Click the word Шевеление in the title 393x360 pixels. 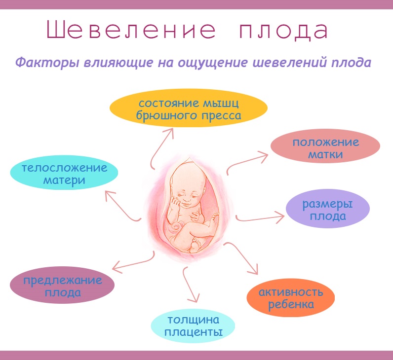[131, 30]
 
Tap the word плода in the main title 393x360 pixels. [283, 31]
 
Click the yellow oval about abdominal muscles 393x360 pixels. [189, 108]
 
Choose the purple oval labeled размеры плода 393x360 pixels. [328, 208]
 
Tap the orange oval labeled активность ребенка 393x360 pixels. [291, 298]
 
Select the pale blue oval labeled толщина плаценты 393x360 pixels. [193, 326]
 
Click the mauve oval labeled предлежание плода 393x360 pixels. [62, 285]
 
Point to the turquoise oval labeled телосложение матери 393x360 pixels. [64, 173]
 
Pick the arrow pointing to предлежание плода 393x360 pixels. [134, 263]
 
